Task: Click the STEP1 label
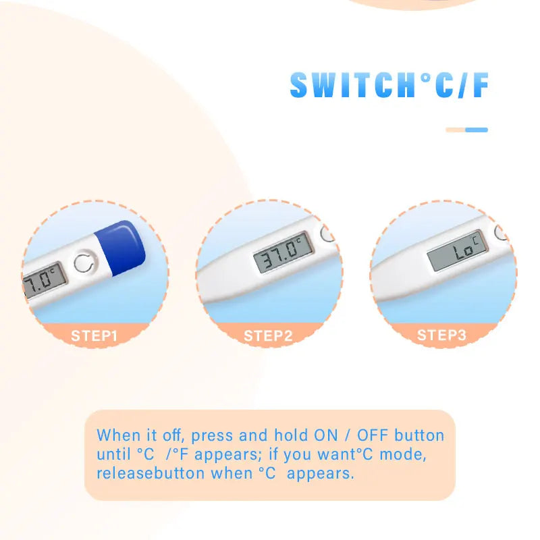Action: click(x=94, y=335)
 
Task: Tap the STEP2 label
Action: click(x=268, y=335)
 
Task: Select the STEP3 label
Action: click(x=441, y=335)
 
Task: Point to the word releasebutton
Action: click(x=151, y=473)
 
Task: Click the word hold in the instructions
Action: click(x=290, y=435)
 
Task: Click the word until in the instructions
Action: click(x=113, y=454)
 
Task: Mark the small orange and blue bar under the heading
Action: click(x=466, y=130)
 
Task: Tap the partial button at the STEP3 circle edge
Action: click(x=501, y=232)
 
